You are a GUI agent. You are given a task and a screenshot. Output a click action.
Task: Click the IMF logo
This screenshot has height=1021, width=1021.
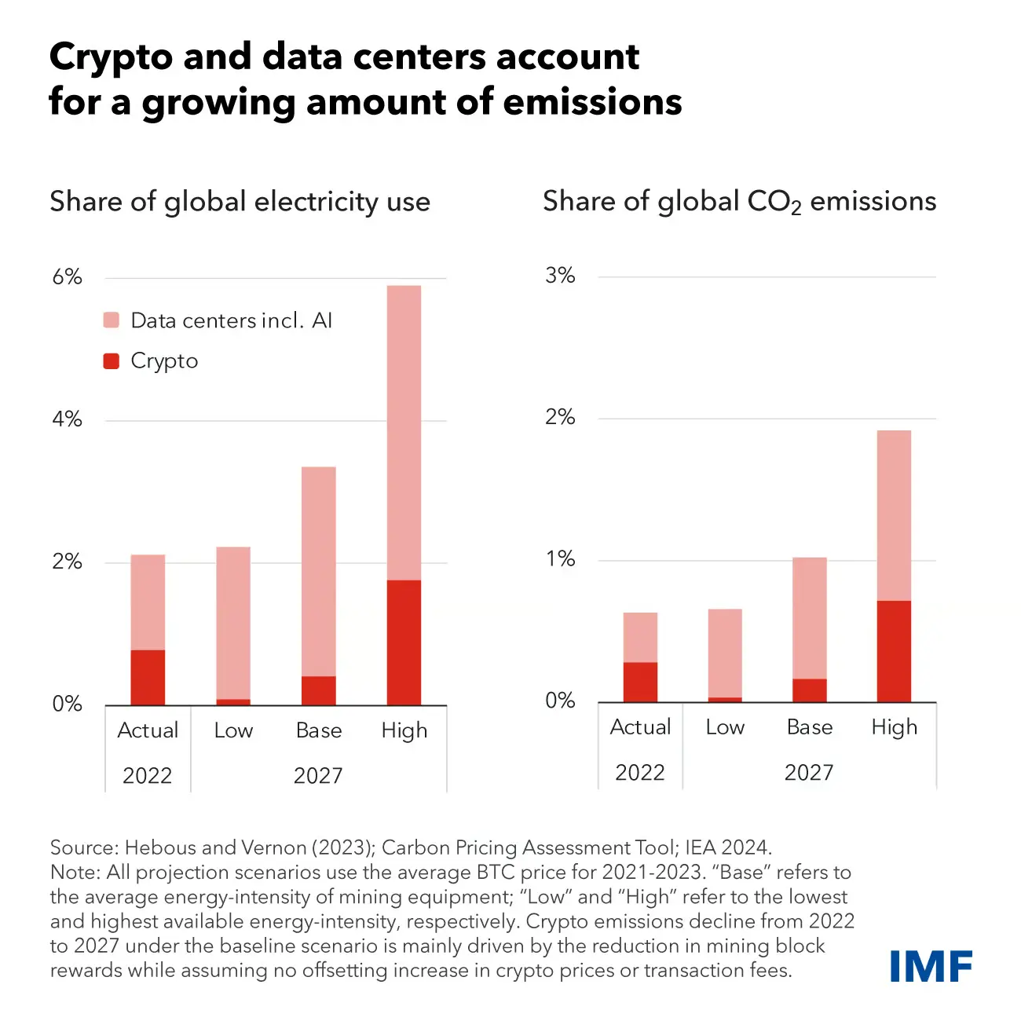pos(931,966)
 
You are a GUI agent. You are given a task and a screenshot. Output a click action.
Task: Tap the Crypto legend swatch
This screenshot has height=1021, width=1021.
pos(112,361)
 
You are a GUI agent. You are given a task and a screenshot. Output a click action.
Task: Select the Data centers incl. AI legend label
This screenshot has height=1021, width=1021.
pos(231,320)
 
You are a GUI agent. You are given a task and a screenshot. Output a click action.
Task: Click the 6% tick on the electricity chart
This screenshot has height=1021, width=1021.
pos(67,277)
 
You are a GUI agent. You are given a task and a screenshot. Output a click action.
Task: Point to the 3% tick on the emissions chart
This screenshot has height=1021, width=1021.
pos(560,276)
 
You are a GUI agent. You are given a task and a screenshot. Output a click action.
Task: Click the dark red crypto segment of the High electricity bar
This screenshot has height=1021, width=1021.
pos(404,642)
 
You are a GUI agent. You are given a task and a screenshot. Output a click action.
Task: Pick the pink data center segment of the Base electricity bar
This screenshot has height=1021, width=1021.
pos(318,571)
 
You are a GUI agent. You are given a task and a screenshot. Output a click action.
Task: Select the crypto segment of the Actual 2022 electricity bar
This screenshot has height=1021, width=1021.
pos(148,677)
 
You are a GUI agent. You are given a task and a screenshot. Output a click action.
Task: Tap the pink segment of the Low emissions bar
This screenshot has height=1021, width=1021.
pos(724,652)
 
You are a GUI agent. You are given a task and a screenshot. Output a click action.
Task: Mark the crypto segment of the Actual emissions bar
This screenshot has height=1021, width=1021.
pos(640,681)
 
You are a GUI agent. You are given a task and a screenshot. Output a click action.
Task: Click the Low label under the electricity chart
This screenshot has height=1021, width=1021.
pos(233,730)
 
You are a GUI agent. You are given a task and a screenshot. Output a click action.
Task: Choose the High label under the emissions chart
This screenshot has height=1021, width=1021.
pos(894,727)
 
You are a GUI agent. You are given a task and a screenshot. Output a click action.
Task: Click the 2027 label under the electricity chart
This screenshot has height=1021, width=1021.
pos(318,776)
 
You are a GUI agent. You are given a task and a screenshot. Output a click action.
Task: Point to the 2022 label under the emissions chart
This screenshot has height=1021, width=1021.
pos(639,773)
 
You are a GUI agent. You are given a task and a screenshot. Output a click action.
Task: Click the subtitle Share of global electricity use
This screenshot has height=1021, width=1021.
pos(240,202)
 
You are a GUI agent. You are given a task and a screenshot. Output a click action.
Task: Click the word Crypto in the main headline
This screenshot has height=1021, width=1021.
pos(110,58)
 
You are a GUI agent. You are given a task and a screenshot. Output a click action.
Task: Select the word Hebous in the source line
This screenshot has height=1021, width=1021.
pos(160,847)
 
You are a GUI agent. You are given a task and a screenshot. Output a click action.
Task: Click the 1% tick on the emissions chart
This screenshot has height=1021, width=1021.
pos(560,559)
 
